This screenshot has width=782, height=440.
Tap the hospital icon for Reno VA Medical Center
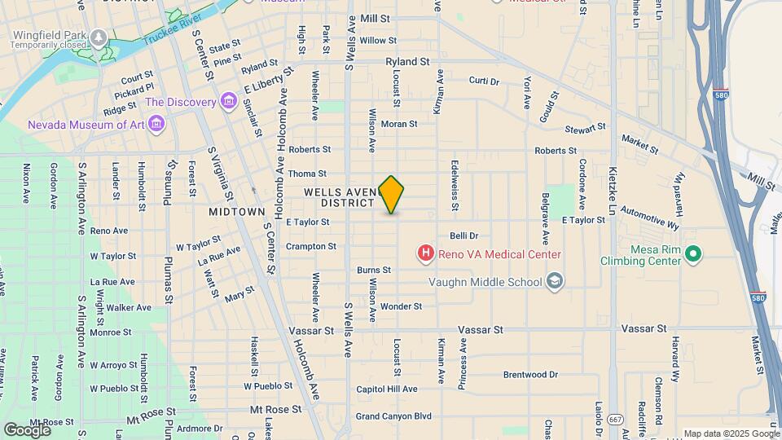point(425,254)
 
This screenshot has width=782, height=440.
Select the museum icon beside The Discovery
point(229,102)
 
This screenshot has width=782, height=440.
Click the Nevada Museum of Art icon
point(157,125)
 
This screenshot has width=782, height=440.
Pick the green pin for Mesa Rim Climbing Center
point(692,255)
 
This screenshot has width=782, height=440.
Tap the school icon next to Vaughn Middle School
point(555,282)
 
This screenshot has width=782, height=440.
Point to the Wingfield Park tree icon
point(99,37)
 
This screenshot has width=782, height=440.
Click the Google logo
point(27,429)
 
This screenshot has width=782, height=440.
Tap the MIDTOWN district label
point(237,211)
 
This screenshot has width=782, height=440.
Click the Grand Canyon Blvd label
point(393,416)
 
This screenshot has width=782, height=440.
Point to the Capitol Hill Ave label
point(387,389)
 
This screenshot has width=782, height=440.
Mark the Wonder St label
point(401,306)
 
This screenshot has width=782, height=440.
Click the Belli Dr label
point(463,235)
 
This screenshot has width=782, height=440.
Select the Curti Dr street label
point(484,81)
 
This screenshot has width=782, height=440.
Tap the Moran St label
point(399,124)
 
